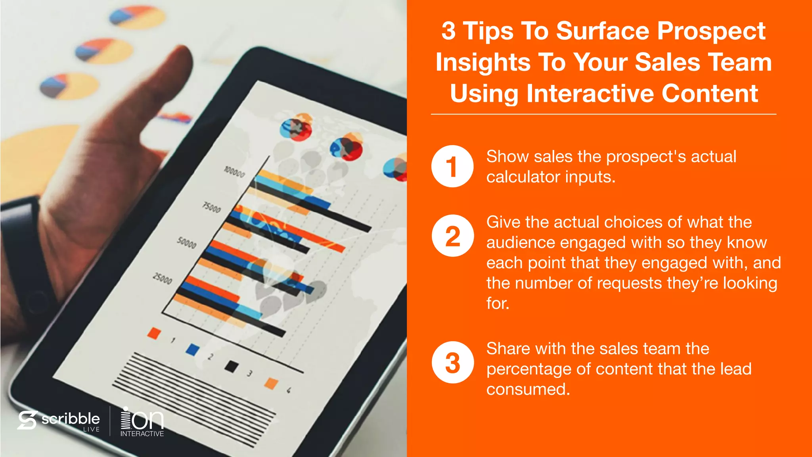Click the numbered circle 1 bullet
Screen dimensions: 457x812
[x=452, y=166]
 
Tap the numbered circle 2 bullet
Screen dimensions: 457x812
[x=452, y=236]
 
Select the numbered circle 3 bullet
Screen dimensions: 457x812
[x=452, y=362]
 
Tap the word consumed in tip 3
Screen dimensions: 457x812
[x=528, y=389]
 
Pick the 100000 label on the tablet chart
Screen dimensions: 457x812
[x=234, y=172]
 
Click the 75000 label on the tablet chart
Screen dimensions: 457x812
[x=212, y=207]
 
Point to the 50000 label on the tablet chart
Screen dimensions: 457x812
[x=187, y=242]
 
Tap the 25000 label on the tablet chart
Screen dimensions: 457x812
[x=163, y=278]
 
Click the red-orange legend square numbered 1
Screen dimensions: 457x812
[x=154, y=333]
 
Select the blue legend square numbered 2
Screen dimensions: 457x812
[x=193, y=349]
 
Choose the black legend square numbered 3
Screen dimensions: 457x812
[x=232, y=367]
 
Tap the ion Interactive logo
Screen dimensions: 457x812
[x=142, y=422]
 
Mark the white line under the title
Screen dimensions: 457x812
[x=603, y=114]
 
